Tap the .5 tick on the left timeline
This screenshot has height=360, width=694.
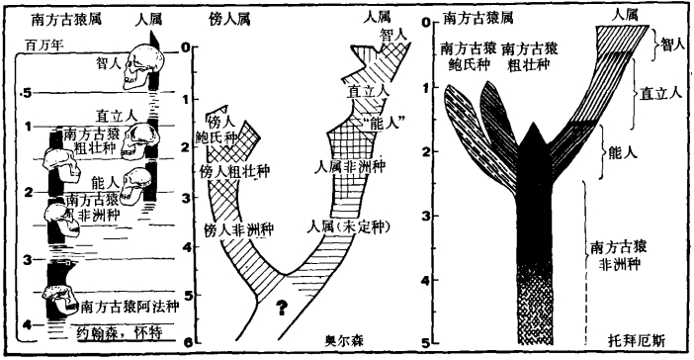pyautogui.click(x=30, y=95)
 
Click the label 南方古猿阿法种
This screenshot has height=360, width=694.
pyautogui.click(x=129, y=306)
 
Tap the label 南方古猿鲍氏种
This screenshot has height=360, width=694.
pyautogui.click(x=464, y=55)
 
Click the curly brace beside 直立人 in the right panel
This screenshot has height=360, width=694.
pyautogui.click(x=633, y=93)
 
